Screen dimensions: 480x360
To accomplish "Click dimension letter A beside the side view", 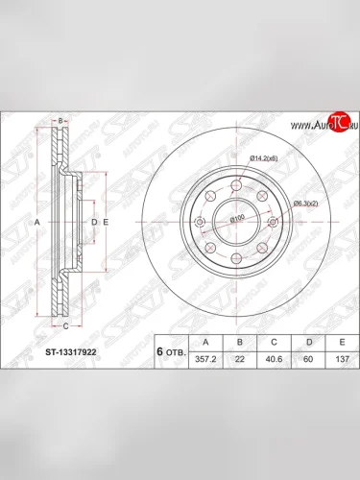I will click(38, 222).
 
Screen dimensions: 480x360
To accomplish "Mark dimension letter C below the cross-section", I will click(63, 326).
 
